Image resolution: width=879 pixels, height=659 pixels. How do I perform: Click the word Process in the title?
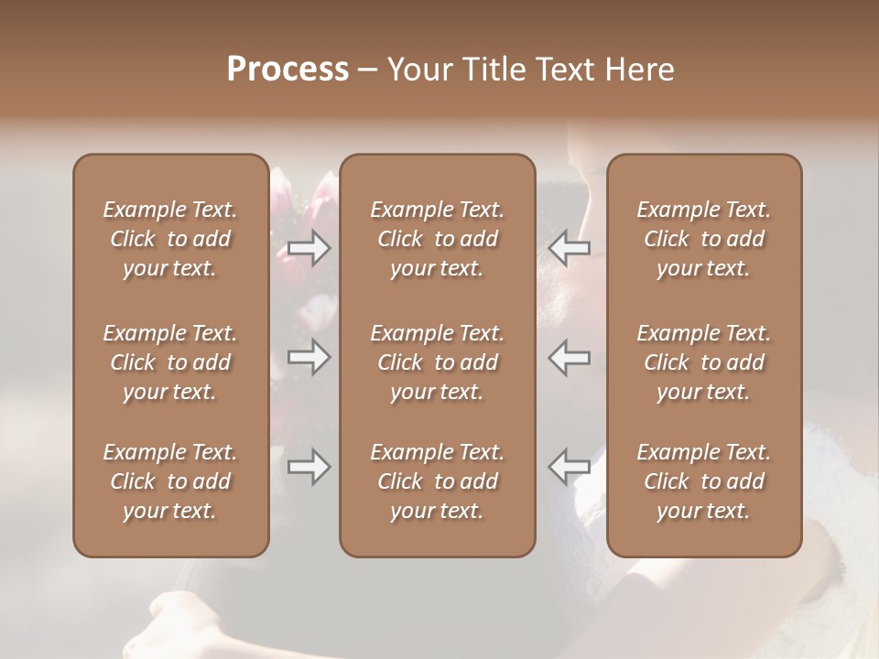(x=288, y=70)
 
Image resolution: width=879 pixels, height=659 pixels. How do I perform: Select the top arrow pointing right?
(x=309, y=247)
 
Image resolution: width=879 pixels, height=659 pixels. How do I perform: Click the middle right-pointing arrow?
(x=309, y=357)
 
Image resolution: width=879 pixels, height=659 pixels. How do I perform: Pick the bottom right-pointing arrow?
(x=309, y=468)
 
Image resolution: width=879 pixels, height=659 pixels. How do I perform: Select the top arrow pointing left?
(x=569, y=247)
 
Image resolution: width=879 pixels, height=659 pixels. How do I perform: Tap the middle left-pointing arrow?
(x=569, y=357)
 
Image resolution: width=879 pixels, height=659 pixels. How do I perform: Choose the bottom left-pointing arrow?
(x=569, y=468)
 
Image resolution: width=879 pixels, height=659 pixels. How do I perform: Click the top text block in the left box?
(x=170, y=239)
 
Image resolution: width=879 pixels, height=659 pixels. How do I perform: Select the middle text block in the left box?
(x=170, y=362)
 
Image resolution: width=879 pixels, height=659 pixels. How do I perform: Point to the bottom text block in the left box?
(x=170, y=481)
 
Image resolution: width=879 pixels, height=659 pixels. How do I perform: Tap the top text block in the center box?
(x=437, y=239)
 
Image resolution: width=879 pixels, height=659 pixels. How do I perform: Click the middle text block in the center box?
(x=437, y=362)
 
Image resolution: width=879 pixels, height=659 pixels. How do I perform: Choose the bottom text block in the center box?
(x=437, y=481)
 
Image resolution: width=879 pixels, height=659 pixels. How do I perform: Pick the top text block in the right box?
(x=703, y=239)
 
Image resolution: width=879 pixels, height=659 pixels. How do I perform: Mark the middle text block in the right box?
(x=703, y=362)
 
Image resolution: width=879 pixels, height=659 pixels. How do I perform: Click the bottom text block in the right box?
(x=703, y=481)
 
